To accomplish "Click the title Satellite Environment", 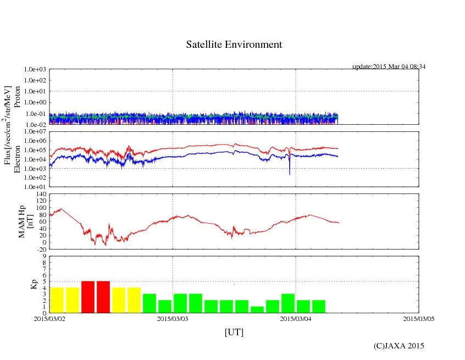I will [x=234, y=45].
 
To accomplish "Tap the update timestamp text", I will [x=389, y=67].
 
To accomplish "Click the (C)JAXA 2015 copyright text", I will [x=398, y=346].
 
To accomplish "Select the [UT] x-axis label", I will [x=234, y=332].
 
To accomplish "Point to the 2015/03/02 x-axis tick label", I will [x=49, y=318].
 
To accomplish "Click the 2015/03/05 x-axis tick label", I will [x=419, y=318].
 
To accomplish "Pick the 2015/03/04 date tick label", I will [x=296, y=318].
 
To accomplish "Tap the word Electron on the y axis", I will [x=17, y=159].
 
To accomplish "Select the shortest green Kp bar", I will [x=257, y=310].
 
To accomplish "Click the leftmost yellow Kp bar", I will [x=57, y=300].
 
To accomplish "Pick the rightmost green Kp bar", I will [x=319, y=307].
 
